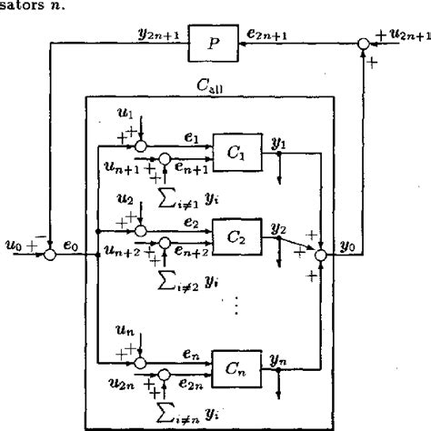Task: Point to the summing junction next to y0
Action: click(320, 256)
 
